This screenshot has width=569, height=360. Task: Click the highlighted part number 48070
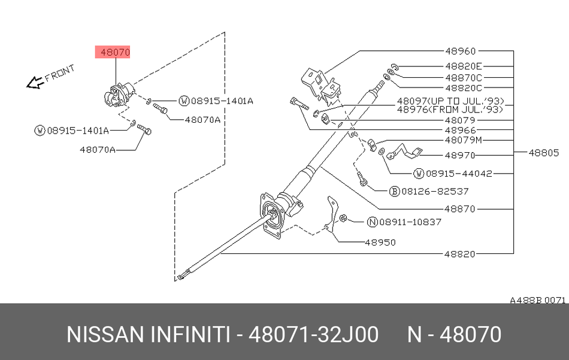point(115,52)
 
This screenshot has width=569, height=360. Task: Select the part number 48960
point(460,52)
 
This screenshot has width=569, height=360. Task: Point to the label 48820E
point(463,66)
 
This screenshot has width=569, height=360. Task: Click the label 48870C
point(463,77)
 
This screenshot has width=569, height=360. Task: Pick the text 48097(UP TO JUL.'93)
point(450,101)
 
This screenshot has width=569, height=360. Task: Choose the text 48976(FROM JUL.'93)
point(450,109)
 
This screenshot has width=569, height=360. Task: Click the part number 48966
point(460,130)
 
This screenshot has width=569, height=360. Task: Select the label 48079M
point(463,140)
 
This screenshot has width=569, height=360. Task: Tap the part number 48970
point(460,156)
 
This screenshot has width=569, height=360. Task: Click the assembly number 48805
point(543,152)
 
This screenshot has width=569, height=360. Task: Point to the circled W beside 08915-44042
point(419,174)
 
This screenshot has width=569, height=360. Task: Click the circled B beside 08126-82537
point(394,192)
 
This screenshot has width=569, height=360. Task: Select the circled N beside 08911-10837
point(371,222)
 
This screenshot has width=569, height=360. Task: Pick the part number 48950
point(380,243)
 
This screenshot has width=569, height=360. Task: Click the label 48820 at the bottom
point(460,254)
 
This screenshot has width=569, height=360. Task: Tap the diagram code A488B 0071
point(537,300)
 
